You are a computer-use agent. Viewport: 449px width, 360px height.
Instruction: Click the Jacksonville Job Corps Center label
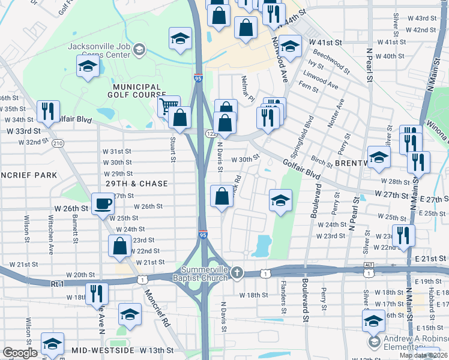coord(99,50)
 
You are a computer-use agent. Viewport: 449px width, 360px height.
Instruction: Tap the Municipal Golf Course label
coord(136,90)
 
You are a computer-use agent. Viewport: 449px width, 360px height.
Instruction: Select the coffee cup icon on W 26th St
coord(102,203)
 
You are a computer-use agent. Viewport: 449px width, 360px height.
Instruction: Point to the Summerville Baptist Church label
coord(203,273)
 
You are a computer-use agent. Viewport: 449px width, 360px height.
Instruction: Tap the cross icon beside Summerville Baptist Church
coord(237,273)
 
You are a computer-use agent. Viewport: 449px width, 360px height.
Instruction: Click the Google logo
coord(20,353)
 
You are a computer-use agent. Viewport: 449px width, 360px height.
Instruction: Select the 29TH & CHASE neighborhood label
coord(137,183)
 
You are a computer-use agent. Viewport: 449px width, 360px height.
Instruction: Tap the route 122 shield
coord(211,133)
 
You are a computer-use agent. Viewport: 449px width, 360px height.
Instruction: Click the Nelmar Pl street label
coord(248,88)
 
